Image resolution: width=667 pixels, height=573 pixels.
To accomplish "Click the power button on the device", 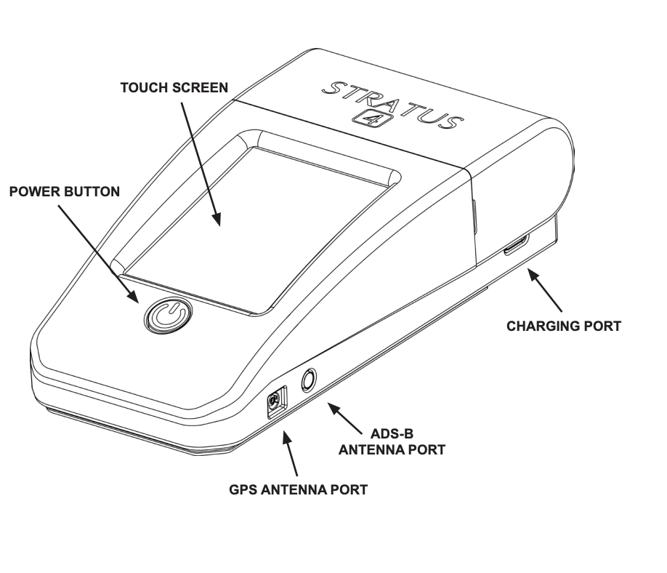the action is pos(168,315).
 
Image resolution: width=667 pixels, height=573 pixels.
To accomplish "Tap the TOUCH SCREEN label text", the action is pos(174,88).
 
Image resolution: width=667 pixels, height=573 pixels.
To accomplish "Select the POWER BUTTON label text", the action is pos(65,191).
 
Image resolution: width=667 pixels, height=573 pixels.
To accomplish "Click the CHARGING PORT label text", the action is pos(564,326).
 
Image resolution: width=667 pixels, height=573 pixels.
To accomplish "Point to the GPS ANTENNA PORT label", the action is pos(298,489).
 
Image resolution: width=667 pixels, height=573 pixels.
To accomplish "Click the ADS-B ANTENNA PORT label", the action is pos(392,442).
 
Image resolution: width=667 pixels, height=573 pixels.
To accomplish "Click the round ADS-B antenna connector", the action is pos(309,380).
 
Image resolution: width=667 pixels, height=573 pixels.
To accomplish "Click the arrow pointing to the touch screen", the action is pos(201,164).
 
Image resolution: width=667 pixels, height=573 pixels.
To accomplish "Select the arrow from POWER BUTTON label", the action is pos(99,255).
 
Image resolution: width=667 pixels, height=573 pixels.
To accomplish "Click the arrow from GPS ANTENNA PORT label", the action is pos(290,453).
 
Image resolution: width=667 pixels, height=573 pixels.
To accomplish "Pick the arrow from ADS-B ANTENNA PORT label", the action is pos(344,419).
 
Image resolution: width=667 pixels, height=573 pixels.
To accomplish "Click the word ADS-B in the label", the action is pos(392,434).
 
